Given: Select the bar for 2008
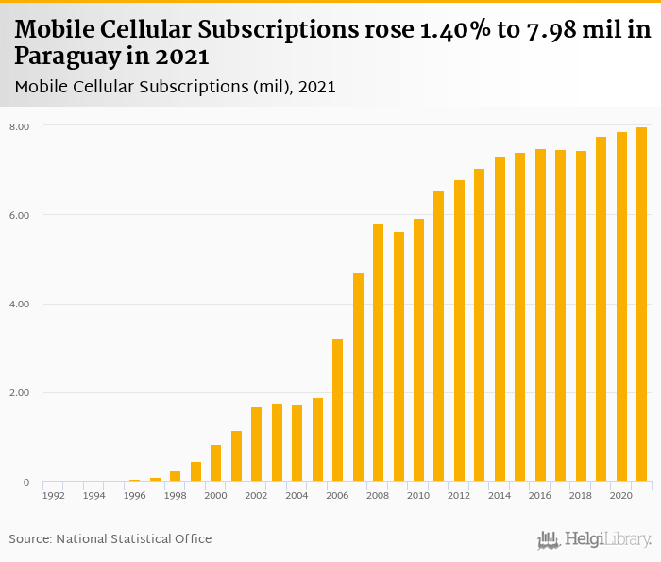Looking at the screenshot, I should [379, 353].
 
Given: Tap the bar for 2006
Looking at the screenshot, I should [338, 410].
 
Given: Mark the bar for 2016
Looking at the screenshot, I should [541, 315].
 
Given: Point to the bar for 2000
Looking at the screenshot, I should [216, 463].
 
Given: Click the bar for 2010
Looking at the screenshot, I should [419, 350].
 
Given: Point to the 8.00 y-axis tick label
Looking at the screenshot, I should [20, 126].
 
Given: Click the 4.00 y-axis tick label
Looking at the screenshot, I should [20, 305].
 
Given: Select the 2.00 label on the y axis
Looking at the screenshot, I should [20, 393].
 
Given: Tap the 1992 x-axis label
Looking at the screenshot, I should [54, 495].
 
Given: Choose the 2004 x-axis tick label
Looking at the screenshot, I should [297, 495].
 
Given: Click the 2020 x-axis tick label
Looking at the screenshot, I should [622, 495].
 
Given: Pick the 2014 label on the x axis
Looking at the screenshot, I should [500, 495].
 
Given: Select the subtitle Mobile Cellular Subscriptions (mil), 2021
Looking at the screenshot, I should [176, 87].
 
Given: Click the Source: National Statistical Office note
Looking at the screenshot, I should [110, 539].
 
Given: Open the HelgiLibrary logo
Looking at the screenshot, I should [595, 539].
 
